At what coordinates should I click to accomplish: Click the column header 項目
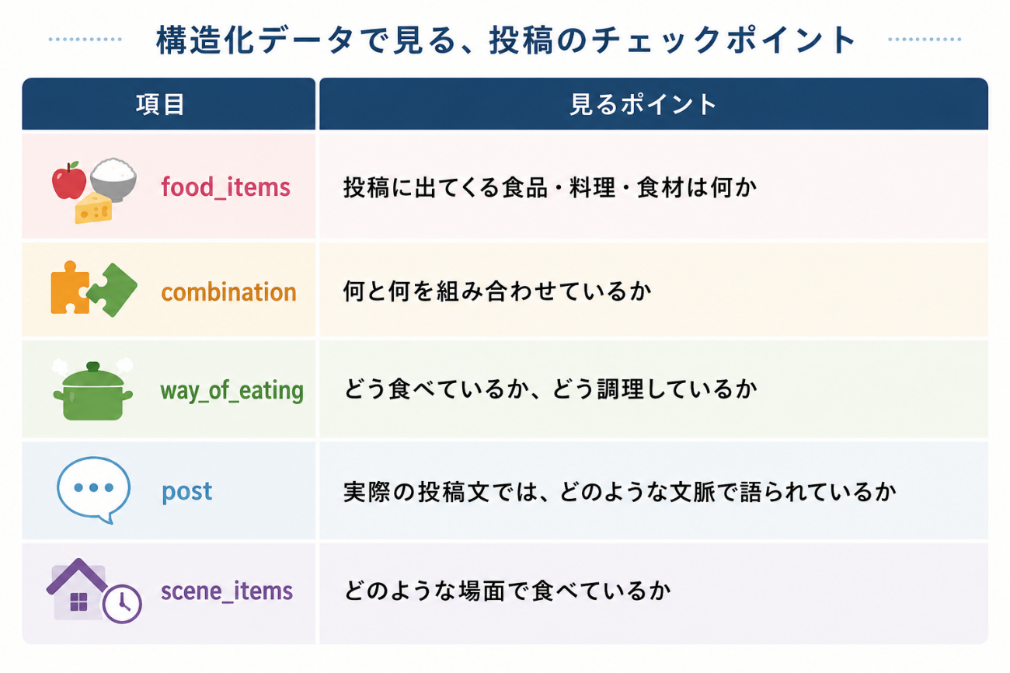click(161, 105)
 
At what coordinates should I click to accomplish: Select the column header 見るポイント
click(643, 105)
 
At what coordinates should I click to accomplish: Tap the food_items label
click(225, 187)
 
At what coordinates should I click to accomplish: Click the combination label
click(228, 292)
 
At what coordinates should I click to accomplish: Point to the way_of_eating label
click(232, 390)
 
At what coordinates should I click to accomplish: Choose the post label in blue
click(186, 491)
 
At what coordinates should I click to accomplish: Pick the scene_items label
click(227, 591)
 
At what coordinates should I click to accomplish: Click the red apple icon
click(68, 180)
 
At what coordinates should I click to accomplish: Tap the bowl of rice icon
click(113, 179)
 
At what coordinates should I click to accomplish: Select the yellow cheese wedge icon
click(93, 208)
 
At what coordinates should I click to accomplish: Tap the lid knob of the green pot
click(93, 366)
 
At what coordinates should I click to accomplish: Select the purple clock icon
click(122, 604)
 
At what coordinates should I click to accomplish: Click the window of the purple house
click(79, 602)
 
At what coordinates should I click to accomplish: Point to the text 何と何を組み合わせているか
click(497, 291)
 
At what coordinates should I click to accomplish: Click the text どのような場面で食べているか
click(507, 591)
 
